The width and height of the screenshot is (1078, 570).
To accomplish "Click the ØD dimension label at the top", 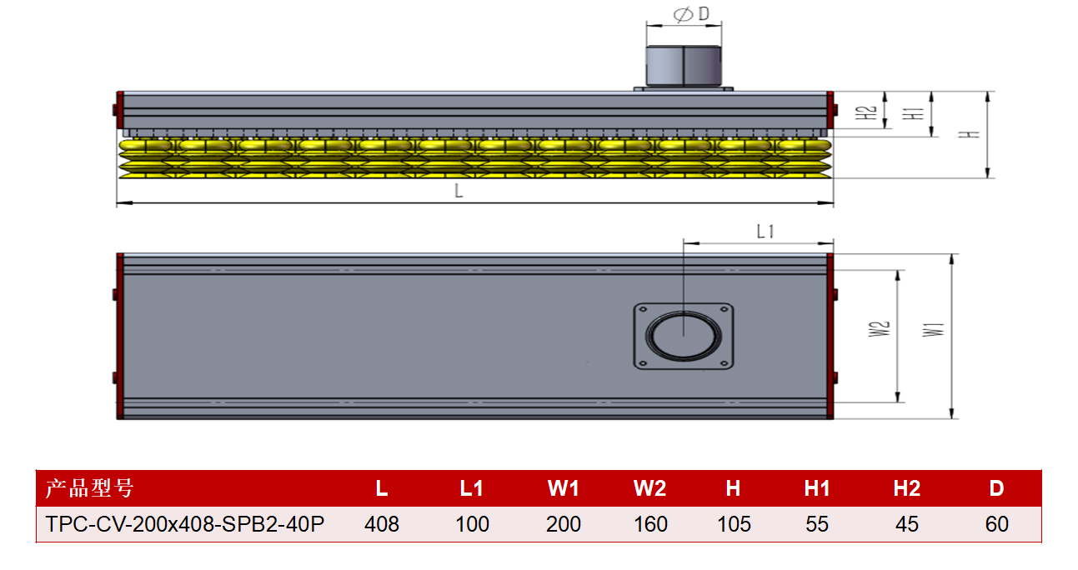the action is coord(691,14).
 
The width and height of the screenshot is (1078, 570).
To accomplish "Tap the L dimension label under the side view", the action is coord(459,192).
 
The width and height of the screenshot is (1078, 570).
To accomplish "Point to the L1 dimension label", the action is coord(765,232).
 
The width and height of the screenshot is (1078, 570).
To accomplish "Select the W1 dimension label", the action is coord(933,330).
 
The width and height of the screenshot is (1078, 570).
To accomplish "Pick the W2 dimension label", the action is coord(879,329).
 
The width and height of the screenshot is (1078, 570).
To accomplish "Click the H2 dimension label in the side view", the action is coord(865,113).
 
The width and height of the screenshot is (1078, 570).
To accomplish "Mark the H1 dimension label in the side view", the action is coord(913,113).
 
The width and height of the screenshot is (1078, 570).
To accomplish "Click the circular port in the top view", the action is coord(684,336).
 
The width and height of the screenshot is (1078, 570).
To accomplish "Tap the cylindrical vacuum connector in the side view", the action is coord(684,66).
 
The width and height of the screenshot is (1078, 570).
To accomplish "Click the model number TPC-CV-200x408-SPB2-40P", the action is coord(185,524).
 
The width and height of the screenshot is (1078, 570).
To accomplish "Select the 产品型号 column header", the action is coord(89,488).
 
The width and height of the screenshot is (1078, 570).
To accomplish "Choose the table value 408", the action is coord(382,524).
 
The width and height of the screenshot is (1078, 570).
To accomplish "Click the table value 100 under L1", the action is coord(472,524).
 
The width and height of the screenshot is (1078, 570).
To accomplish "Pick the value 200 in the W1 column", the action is coord(563,524).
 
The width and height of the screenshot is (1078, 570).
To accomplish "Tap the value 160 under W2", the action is coord(650,524).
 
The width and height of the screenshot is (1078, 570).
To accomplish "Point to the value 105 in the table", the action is coord(734,524).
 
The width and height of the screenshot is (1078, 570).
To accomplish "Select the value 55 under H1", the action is coord(817,524).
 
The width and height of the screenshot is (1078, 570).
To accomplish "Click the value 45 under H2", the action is coord(907,524).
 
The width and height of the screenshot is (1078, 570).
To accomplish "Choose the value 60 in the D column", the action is coord(996,524).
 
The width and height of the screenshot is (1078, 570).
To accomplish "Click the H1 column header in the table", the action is coord(817,488).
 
